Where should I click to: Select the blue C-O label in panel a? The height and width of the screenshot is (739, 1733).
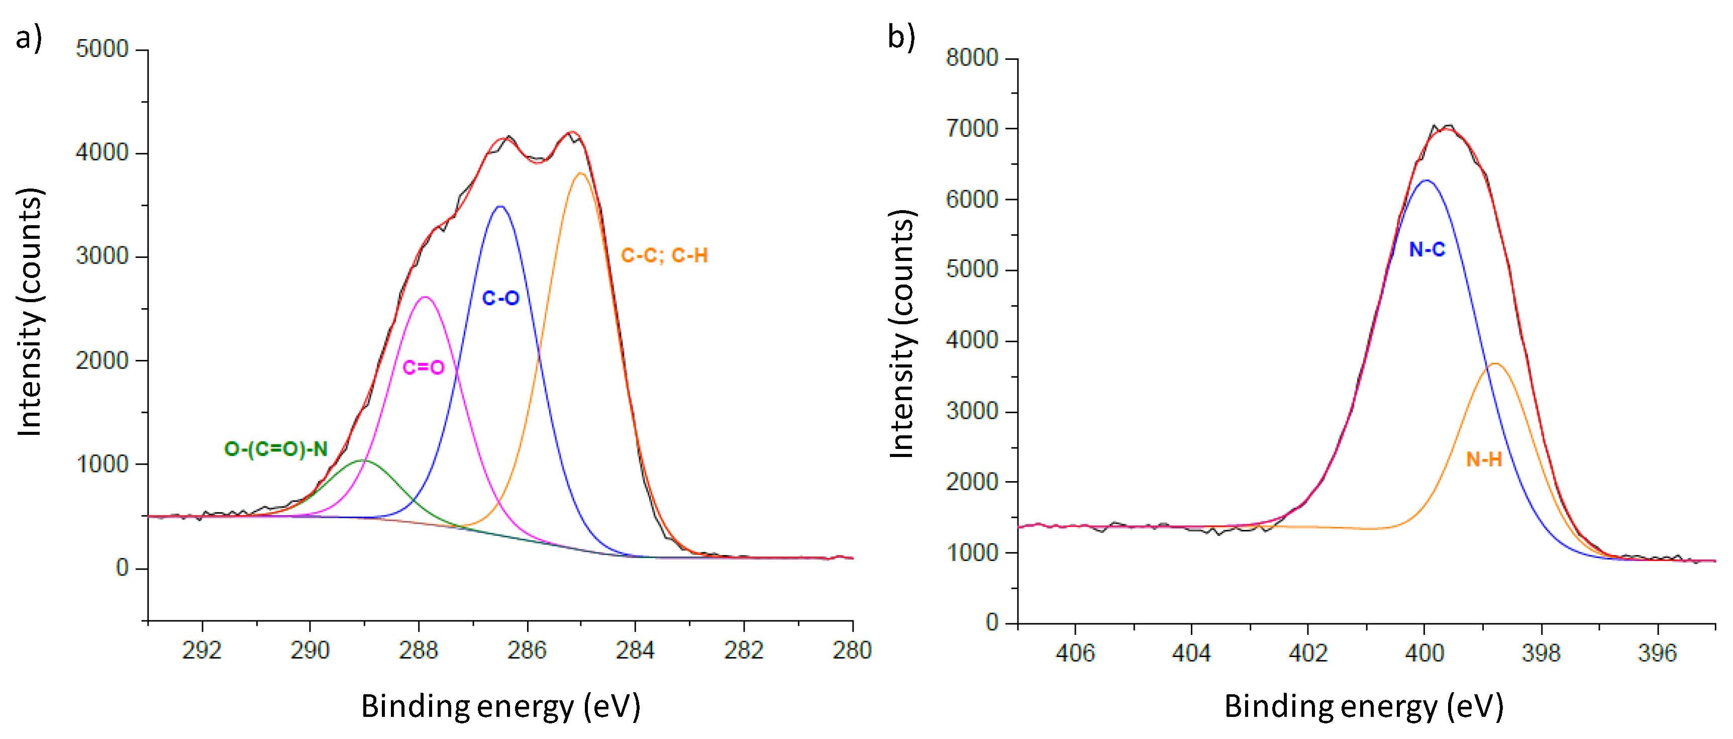[500, 298]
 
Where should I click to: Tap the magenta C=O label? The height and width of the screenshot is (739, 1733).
[423, 367]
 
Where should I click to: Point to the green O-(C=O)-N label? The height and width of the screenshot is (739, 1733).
[276, 449]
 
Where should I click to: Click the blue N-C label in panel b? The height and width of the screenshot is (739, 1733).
[1427, 250]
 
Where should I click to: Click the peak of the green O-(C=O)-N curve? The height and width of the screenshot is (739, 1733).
[361, 460]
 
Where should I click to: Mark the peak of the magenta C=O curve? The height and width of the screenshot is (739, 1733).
[425, 297]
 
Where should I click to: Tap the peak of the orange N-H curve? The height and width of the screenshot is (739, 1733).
[1495, 364]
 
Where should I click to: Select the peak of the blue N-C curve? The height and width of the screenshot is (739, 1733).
[1425, 180]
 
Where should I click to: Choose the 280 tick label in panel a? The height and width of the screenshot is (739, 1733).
[852, 650]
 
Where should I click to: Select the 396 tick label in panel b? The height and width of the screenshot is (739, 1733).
[1657, 653]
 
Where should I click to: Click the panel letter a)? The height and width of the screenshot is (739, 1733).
[28, 37]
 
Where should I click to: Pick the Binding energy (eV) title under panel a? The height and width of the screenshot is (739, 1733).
[500, 707]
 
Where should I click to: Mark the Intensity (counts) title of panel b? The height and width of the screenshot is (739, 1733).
[902, 334]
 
